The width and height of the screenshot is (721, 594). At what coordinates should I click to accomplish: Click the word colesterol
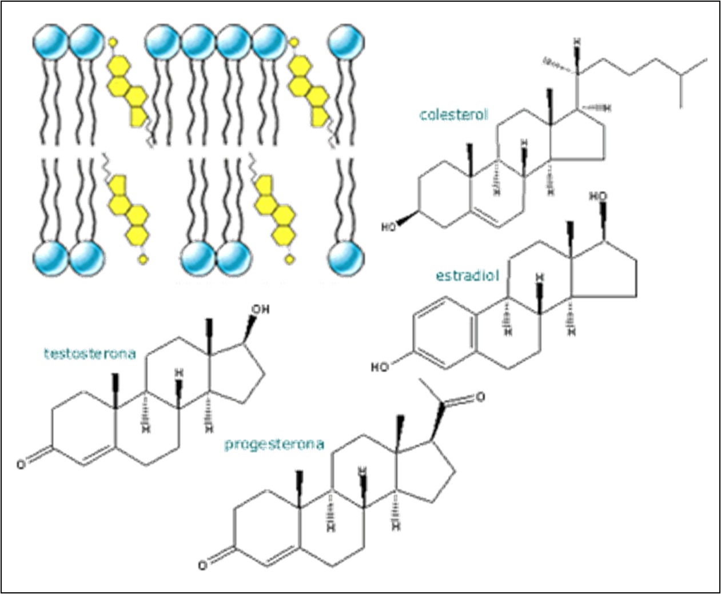pos(454,114)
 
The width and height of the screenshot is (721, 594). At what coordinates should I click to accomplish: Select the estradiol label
pos(467,276)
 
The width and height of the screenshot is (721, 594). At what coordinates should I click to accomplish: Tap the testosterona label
pos(90,353)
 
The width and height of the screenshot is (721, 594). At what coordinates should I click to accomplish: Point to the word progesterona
pos(274,444)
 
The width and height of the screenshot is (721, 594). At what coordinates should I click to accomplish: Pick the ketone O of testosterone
pos(21,464)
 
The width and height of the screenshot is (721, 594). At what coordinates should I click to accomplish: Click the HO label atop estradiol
pos(598,196)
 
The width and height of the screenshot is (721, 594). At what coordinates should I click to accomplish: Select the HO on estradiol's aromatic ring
pos(380,366)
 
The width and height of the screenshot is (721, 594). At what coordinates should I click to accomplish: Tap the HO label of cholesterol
pos(389,227)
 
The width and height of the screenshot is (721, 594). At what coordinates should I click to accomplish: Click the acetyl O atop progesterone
pos(480,396)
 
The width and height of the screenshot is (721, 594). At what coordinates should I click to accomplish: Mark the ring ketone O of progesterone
pos(203,565)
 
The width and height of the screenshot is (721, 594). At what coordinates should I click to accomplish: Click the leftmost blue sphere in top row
pos(50,41)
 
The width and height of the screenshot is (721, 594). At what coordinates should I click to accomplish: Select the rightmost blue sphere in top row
pos(346,41)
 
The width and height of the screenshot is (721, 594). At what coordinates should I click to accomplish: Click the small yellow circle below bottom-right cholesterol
pos(290,259)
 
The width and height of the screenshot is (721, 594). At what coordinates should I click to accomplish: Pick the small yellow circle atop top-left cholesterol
pos(113,41)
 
